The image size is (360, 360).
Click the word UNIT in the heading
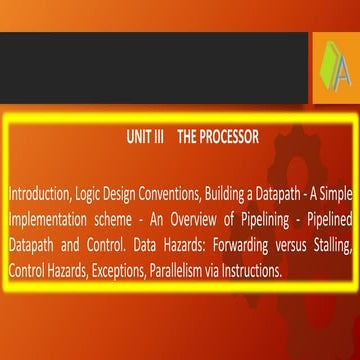[x=139, y=137]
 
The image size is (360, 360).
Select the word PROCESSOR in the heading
[x=229, y=137]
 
